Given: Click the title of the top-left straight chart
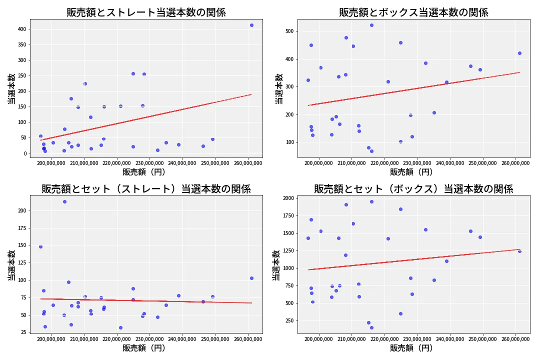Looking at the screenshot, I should coord(146,12).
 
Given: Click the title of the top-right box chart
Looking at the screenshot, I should coord(413,12).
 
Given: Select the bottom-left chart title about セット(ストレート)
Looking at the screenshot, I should coord(146,189).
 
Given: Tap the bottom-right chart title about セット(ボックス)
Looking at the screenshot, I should coord(413,189).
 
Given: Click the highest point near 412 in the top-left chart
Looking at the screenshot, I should coord(251,25).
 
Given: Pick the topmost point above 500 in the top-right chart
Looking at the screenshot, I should coord(371,25).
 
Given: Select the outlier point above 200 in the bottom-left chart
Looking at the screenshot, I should coord(64,201).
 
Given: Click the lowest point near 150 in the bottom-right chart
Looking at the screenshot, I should coord(371,327).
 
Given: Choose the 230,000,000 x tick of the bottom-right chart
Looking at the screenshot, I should coord(417,338).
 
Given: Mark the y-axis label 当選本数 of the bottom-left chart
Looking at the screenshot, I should coord(11,264).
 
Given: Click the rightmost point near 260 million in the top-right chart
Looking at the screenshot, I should coord(519,53).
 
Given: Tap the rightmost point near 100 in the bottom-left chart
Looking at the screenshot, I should coord(251,278).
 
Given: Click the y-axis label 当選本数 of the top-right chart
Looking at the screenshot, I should coord(278,88).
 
